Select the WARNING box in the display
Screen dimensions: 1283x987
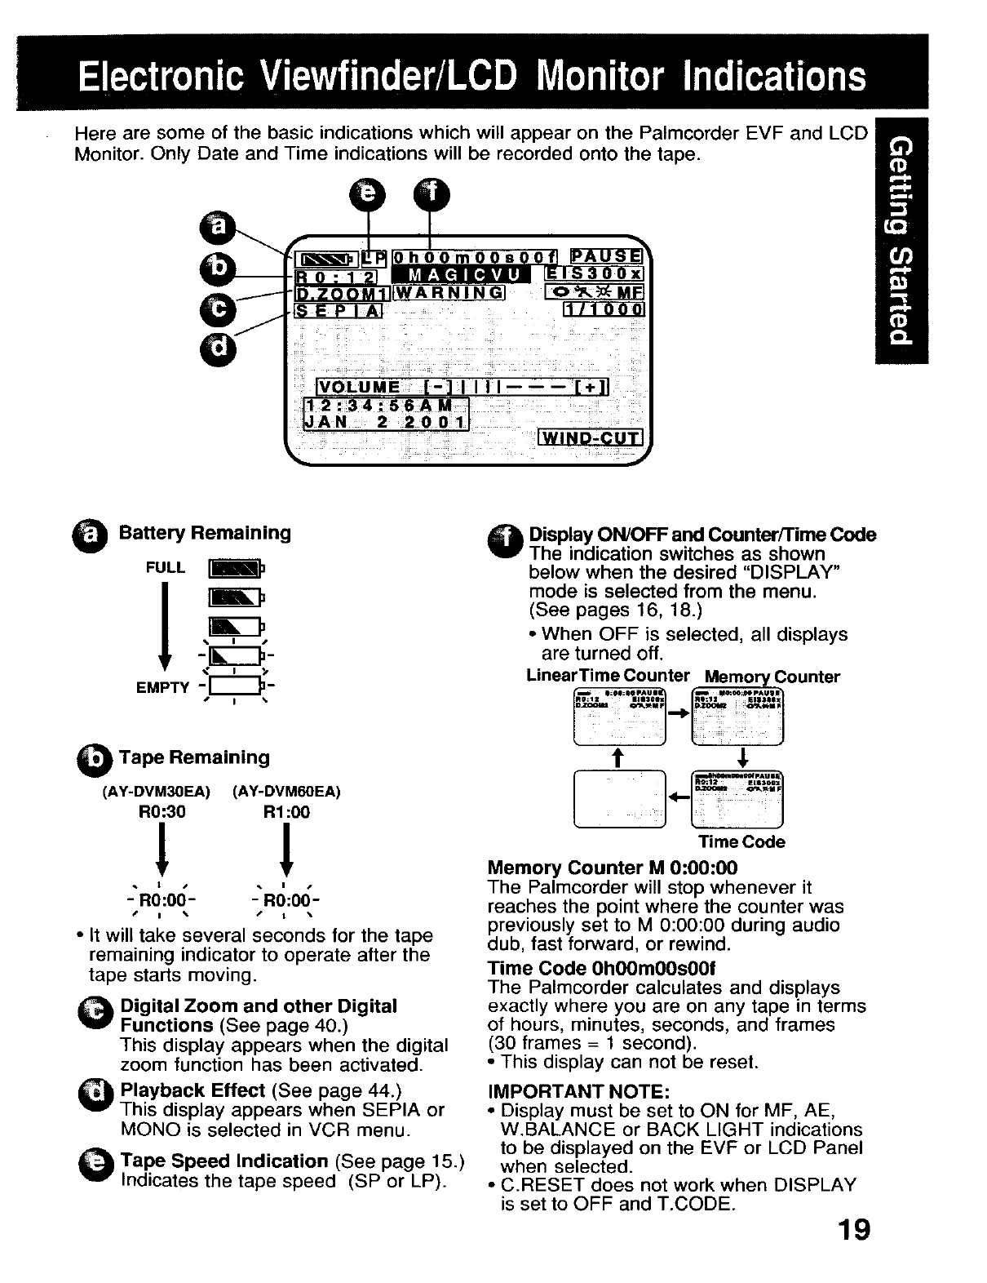(449, 292)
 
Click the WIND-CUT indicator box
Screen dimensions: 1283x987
(591, 438)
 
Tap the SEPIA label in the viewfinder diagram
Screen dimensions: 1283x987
(338, 310)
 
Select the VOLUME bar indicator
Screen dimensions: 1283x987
(462, 387)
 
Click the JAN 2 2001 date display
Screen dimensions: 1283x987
(385, 421)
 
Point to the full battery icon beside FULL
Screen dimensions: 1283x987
(234, 568)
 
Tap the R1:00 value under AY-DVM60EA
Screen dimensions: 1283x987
(286, 812)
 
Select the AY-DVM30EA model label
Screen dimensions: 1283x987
(156, 791)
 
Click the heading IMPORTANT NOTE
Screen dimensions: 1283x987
(578, 1091)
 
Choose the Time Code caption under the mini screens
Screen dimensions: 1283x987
(741, 841)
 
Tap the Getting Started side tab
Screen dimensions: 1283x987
(900, 242)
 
